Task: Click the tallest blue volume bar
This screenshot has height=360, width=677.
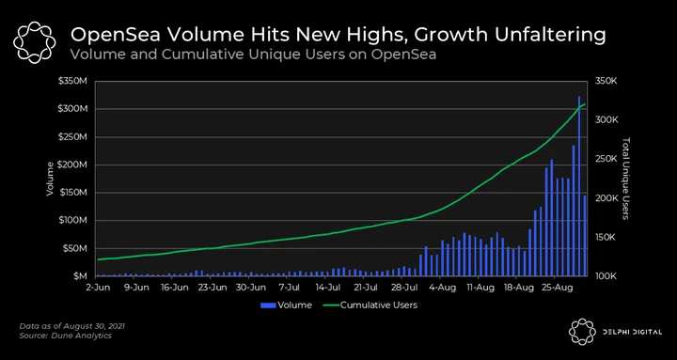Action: point(579,186)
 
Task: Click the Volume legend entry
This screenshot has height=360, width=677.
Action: point(286,305)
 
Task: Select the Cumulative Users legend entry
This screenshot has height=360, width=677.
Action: point(370,305)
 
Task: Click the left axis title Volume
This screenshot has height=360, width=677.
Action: point(50,179)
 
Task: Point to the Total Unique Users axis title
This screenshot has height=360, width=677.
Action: point(627,179)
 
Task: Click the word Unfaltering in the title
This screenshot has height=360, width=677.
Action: point(550,36)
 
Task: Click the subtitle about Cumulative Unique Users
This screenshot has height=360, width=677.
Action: point(253,55)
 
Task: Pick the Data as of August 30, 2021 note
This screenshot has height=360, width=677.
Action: point(72,326)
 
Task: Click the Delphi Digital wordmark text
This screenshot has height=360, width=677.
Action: point(633,332)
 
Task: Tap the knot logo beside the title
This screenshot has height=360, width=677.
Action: point(34,42)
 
